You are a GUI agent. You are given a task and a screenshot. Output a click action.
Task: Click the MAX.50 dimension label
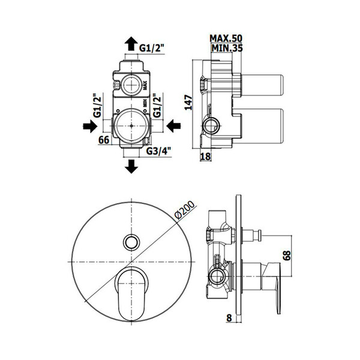click(x=226, y=38)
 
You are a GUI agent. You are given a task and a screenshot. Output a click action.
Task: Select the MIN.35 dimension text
click(x=227, y=48)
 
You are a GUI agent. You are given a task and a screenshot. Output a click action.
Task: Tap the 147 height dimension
click(x=189, y=103)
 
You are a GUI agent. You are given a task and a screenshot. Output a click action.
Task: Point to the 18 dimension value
click(x=205, y=157)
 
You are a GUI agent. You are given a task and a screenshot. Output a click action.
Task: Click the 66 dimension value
click(x=104, y=140)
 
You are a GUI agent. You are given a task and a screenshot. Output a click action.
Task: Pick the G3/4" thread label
click(x=159, y=151)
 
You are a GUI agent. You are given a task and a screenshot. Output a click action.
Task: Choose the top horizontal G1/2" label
click(x=152, y=48)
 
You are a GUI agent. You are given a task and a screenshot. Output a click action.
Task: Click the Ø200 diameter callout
click(x=185, y=210)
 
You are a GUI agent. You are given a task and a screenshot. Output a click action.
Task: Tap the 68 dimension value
click(x=287, y=256)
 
